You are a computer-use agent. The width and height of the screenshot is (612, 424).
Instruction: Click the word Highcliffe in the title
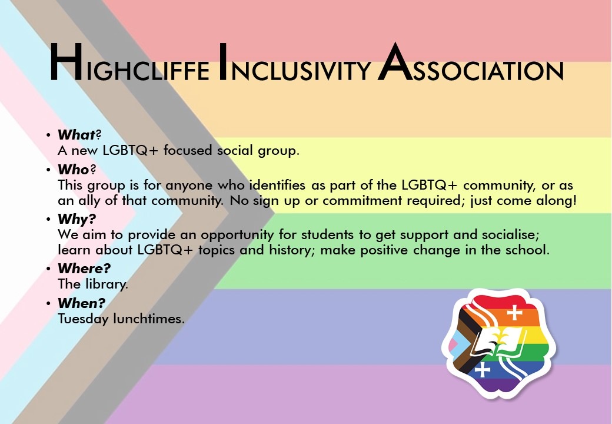129,63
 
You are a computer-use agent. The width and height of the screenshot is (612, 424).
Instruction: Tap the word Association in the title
471,63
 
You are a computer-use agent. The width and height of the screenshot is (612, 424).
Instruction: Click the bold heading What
76,135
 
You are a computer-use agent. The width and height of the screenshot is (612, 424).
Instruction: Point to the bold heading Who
74,170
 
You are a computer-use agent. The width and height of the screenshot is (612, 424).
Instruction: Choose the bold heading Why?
77,220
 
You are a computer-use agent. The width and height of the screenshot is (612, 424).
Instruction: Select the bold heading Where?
84,268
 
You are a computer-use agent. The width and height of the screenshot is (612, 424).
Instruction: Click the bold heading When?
82,303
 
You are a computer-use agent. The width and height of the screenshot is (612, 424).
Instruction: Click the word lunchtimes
149,319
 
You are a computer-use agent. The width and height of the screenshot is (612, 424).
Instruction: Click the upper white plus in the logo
514,312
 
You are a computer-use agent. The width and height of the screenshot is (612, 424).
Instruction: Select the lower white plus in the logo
483,369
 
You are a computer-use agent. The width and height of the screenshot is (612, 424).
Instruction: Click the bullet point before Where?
48,269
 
